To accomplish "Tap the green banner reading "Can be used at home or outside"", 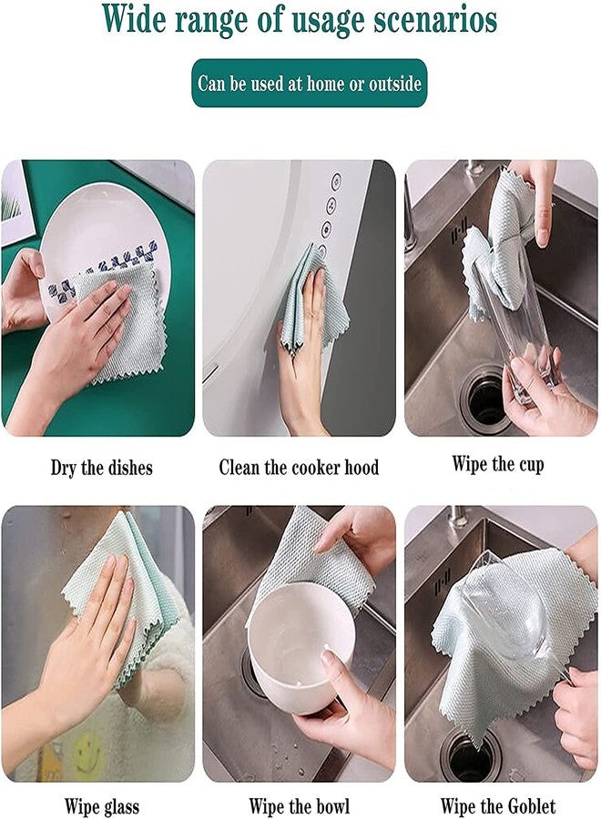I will pyautogui.click(x=309, y=84).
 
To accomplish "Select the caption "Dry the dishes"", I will pyautogui.click(x=101, y=468).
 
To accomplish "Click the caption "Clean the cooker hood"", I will pyautogui.click(x=299, y=468).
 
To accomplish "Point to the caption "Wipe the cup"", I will pyautogui.click(x=497, y=464).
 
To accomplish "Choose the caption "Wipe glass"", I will pyautogui.click(x=101, y=805).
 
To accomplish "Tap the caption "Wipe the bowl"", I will pyautogui.click(x=299, y=805).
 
